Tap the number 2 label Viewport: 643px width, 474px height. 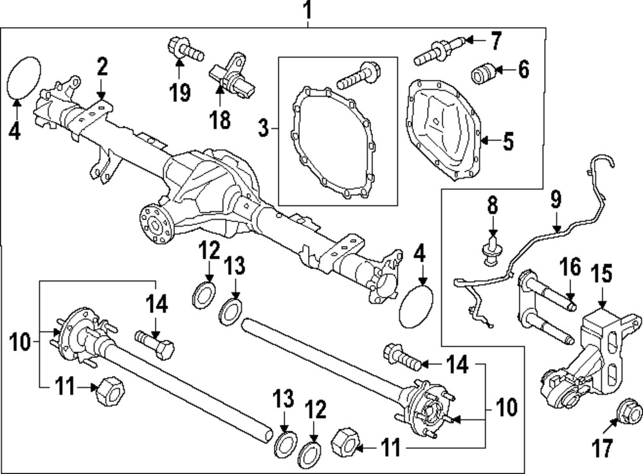103,66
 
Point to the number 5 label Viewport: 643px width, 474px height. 508,141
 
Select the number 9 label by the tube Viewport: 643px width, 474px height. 557,200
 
